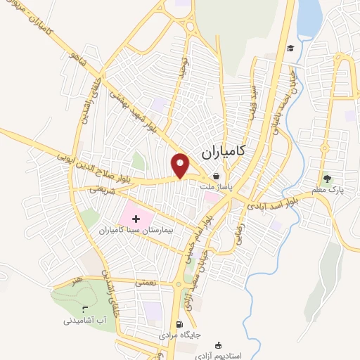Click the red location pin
[x=181, y=164]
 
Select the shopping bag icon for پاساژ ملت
[x=217, y=176]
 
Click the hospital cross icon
[x=136, y=220]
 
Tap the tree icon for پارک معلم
[x=326, y=177]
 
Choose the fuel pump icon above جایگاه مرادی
[x=180, y=325]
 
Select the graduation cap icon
[x=290, y=48]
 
